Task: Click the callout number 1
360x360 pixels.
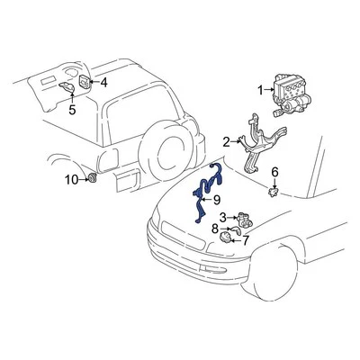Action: point(260,89)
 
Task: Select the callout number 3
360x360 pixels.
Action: point(221,217)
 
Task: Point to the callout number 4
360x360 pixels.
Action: point(103,83)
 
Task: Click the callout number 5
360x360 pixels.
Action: point(72,111)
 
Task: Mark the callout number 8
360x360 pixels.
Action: point(215,229)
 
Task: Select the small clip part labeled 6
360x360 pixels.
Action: point(274,190)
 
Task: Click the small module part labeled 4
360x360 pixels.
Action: point(85,83)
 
